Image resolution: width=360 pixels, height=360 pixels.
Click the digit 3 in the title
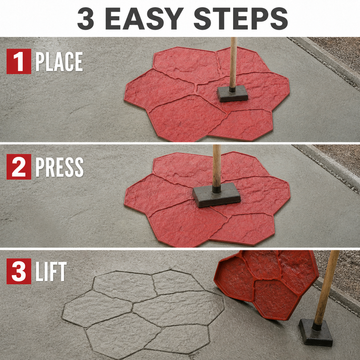[86, 18]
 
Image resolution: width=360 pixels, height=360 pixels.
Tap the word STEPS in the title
[241, 18]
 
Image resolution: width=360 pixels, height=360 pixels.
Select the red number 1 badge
[19, 61]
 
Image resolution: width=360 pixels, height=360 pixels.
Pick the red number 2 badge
[19, 167]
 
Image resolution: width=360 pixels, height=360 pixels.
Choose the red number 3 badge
[19, 271]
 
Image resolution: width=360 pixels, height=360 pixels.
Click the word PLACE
[59, 62]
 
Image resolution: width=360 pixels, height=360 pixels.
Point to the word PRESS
[59, 167]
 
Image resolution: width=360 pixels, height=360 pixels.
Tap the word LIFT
[51, 272]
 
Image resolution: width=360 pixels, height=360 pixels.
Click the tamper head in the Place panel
[233, 94]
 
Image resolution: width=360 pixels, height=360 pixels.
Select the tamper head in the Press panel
[217, 195]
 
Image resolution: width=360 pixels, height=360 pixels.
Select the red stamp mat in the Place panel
[207, 94]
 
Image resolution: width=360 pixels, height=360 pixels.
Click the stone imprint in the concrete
[143, 313]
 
